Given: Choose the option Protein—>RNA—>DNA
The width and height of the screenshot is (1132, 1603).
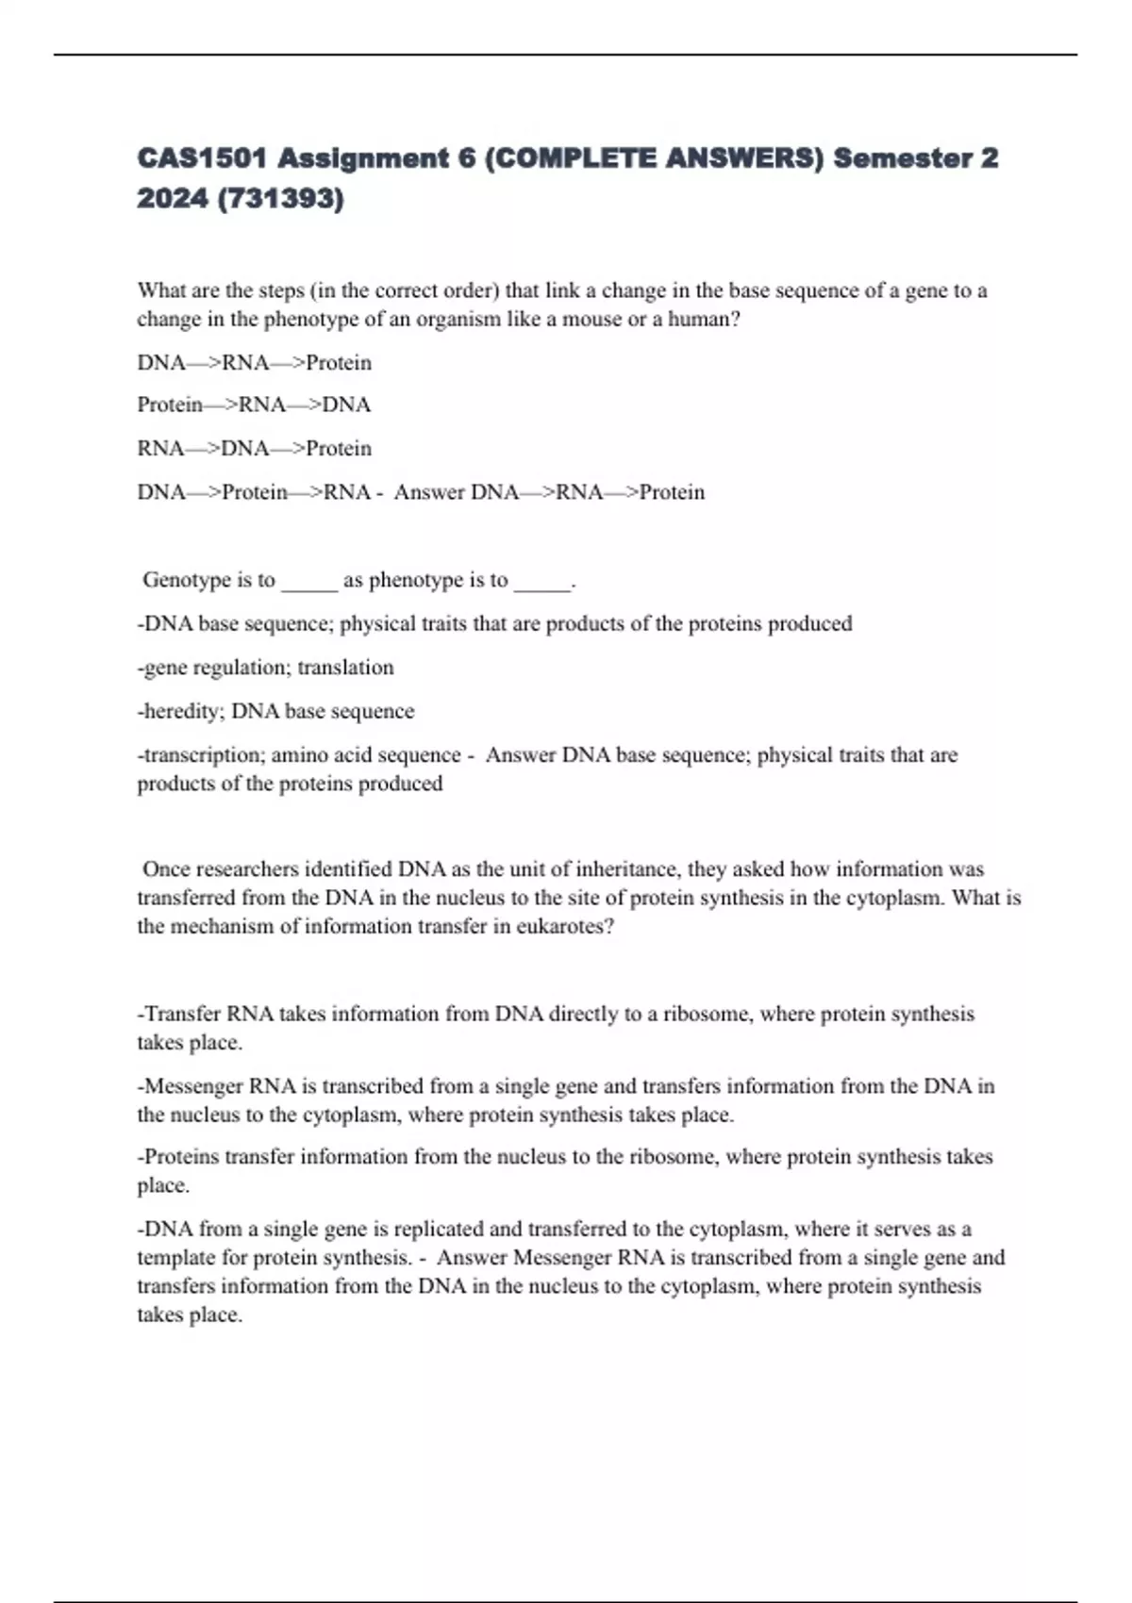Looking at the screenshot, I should coord(254,405).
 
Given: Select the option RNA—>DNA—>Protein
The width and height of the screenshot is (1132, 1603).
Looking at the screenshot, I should coord(254,448).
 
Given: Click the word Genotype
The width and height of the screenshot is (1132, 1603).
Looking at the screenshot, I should coord(189,580).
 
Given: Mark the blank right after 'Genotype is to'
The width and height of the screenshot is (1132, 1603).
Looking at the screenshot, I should coord(309,583).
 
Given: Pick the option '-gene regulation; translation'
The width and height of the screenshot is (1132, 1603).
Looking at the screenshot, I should coord(265,668).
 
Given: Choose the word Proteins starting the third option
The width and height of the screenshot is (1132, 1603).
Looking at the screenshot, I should coord(181,1156).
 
